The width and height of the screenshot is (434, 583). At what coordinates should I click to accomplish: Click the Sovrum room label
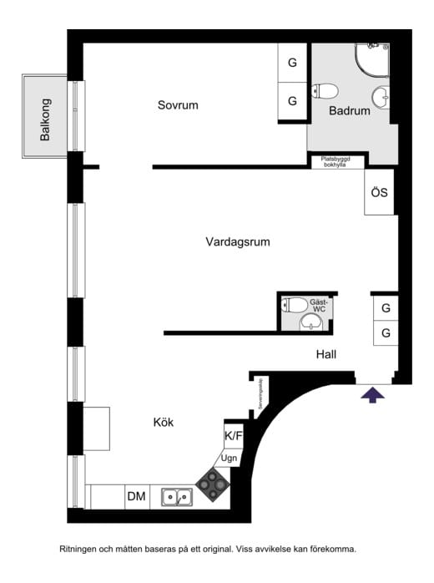178,105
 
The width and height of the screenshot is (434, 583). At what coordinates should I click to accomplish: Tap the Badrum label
349,110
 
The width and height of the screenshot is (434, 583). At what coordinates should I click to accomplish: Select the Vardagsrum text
238,242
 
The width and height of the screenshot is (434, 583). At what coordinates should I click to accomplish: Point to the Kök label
164,423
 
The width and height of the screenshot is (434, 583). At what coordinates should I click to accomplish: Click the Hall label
326,354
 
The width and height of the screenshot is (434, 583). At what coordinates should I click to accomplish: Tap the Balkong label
45,119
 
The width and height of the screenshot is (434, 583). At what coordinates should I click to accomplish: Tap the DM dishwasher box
136,497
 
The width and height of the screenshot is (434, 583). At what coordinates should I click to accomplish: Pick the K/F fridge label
234,436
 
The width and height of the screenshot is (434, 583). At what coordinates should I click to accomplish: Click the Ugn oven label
229,459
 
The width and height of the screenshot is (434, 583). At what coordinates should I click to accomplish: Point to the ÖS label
380,193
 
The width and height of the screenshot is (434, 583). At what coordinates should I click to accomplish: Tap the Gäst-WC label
318,306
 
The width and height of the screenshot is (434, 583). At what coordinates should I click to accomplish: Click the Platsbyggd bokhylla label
336,162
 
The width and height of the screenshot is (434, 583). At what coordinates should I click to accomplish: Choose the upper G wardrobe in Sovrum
292,63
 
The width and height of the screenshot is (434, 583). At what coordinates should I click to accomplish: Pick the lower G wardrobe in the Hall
386,332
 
